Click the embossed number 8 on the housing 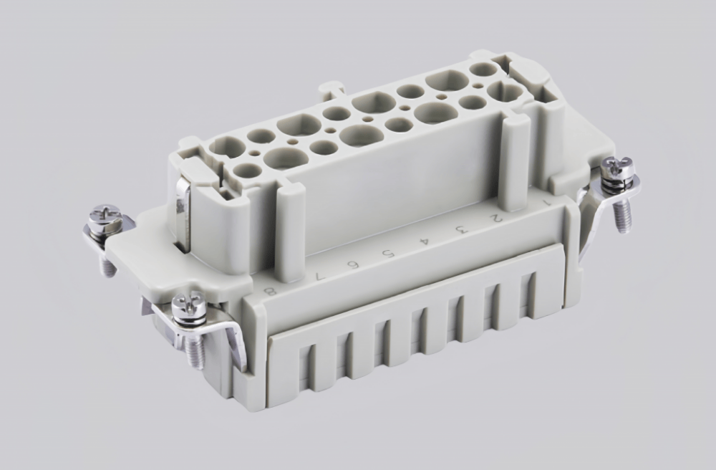coord(270,291)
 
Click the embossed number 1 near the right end coord(548,202)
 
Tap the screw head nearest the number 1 coord(614,166)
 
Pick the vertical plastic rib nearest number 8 coord(290,229)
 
